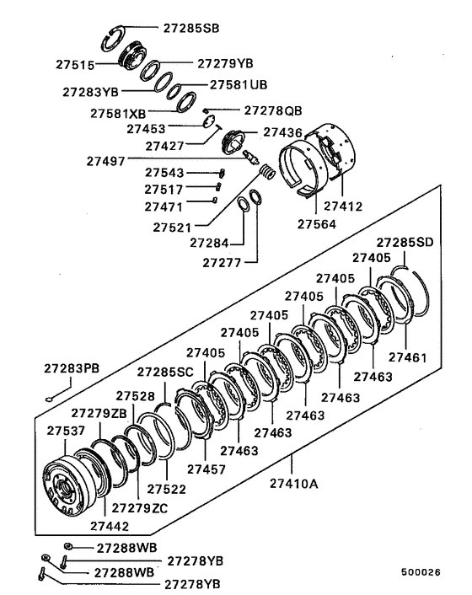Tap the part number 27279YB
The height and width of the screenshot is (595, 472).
[225, 63]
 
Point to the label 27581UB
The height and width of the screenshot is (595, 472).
[239, 85]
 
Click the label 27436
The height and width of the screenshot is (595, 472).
[283, 132]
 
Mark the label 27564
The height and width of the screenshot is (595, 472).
[317, 224]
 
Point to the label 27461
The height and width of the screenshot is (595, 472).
[408, 357]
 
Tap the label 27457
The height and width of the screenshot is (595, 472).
[206, 469]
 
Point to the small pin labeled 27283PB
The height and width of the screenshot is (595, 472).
[53, 399]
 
